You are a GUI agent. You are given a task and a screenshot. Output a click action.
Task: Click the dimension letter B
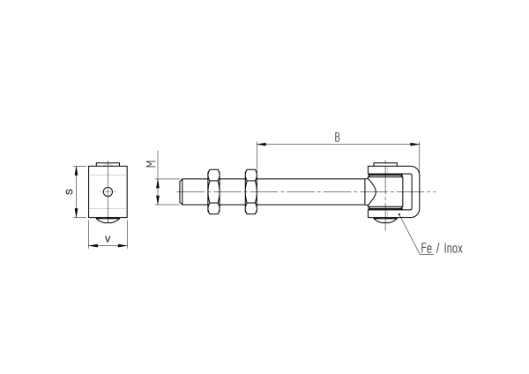pos(337,137)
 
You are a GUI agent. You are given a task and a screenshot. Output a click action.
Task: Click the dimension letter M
pos(151,164)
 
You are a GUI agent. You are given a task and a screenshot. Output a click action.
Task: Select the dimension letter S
pos(71,191)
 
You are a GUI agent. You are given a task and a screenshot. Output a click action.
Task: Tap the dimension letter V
pos(108,238)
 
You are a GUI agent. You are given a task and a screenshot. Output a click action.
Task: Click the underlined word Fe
pos(426,250)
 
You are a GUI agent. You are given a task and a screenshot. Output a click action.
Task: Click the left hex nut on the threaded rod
pos(212,191)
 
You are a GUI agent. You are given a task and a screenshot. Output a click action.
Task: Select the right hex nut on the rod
pos(250,191)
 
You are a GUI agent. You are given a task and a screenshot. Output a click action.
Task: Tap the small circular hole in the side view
pos(108,191)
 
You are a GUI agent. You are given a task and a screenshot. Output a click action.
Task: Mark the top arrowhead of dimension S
pos(77,168)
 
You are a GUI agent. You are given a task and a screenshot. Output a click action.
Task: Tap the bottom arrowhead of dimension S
pos(77,213)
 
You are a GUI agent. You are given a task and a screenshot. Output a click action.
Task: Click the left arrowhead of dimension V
pos(91,245)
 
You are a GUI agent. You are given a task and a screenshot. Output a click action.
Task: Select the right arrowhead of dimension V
pos(123,245)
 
